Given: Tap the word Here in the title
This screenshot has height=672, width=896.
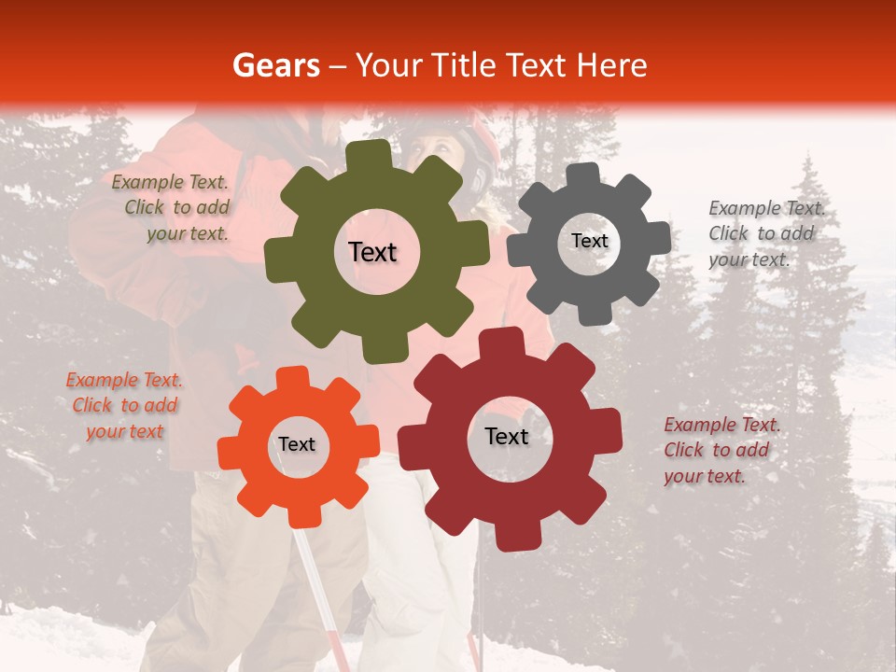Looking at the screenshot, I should click(611, 65).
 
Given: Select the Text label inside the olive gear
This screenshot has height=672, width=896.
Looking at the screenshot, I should click(372, 252).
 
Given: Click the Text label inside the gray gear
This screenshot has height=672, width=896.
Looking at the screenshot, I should click(589, 241).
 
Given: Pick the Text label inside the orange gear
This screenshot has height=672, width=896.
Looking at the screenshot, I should click(297, 444).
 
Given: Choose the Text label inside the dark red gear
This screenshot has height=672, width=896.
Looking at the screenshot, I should click(507, 436).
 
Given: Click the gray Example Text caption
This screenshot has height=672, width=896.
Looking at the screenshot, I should click(766, 233).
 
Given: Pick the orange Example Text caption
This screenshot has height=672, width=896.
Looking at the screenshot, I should click(124, 405).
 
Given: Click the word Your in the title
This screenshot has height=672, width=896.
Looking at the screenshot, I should click(384, 65).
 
